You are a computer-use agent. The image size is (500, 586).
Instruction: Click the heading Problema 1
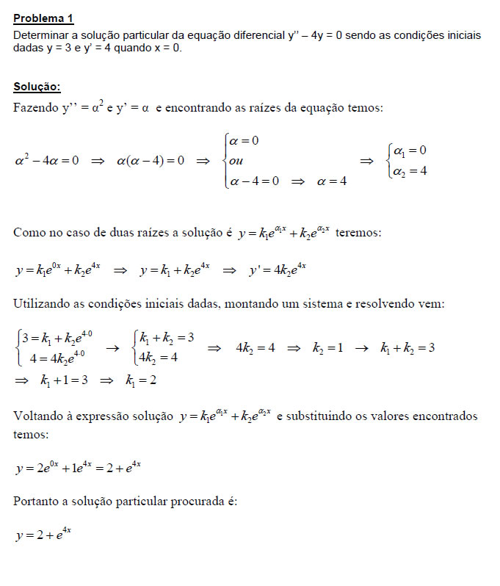[x=44, y=18]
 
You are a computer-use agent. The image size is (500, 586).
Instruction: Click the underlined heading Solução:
[x=37, y=87]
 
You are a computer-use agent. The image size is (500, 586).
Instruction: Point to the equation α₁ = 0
[x=410, y=151]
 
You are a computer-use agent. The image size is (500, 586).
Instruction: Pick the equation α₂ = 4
[x=410, y=171]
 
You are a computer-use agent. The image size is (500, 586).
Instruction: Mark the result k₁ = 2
[x=140, y=380]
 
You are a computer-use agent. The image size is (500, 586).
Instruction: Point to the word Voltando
[x=38, y=416]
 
